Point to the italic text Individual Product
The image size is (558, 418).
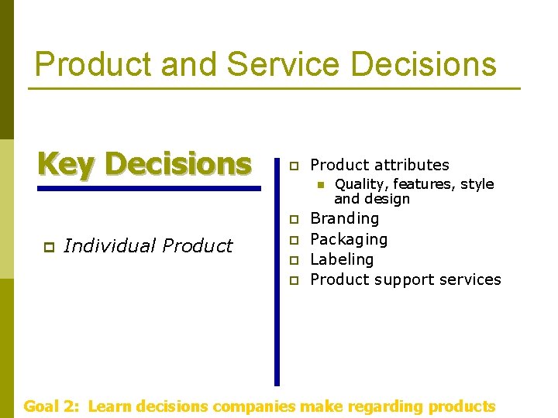pos(147,246)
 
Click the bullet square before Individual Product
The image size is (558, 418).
pos(47,247)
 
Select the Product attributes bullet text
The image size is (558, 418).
pos(379,165)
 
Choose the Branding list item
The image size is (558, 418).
pos(344,219)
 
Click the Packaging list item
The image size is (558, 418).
pos(349,239)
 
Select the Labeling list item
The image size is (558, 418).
pos(342,259)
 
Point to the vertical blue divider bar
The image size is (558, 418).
pos(277,271)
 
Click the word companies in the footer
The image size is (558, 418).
pos(253,406)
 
